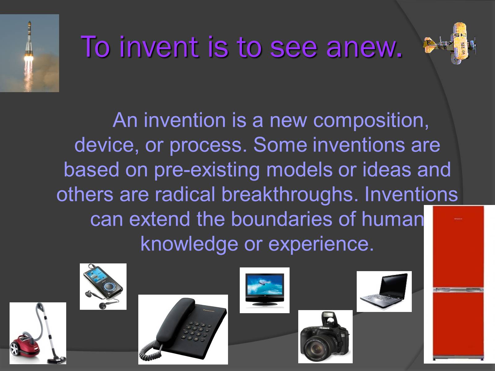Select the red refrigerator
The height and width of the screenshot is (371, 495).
458,284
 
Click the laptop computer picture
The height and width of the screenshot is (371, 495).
384,291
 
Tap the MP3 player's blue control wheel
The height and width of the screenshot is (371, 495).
109,287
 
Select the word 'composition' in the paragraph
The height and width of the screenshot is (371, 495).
371,121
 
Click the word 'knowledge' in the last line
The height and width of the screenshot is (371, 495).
189,244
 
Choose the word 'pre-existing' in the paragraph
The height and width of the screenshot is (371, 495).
207,170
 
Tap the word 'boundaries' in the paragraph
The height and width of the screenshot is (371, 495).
282,219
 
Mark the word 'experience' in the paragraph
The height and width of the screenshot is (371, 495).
321,245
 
